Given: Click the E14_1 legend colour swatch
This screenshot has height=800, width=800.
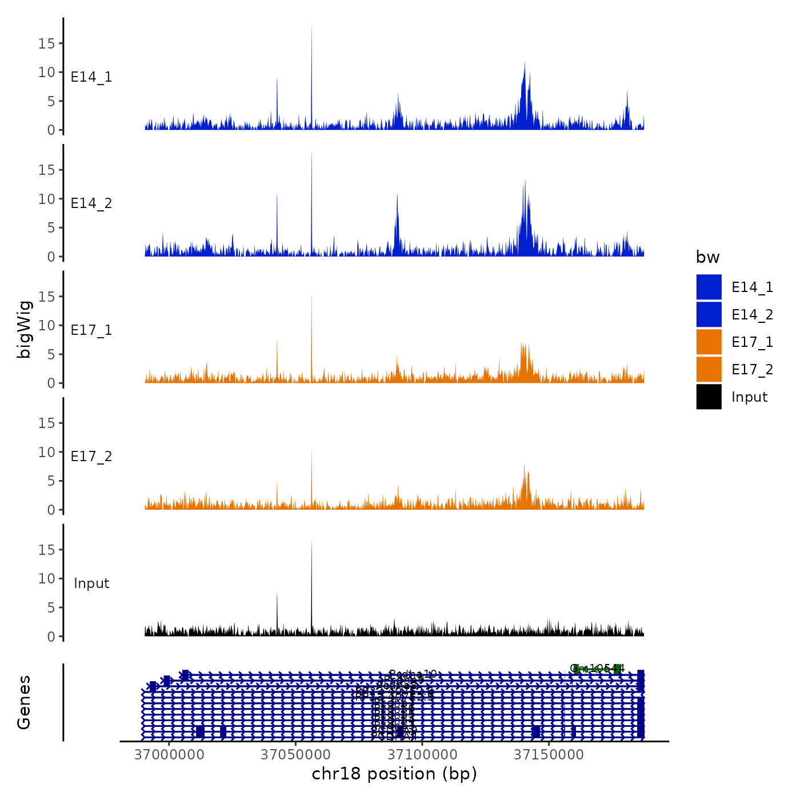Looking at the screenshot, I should tap(709, 287).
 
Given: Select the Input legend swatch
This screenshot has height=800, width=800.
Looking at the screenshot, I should tap(709, 397).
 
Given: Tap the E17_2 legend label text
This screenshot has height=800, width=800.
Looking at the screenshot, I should tap(752, 370).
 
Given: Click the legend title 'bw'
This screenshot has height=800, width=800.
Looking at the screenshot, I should tap(707, 257).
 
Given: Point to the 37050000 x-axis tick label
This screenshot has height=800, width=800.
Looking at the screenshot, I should tap(295, 755).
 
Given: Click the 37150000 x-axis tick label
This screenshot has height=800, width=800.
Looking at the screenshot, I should tap(549, 755).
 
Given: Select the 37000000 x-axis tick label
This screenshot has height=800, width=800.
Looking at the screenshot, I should tap(169, 755).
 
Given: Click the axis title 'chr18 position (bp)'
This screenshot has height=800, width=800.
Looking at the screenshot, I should tap(394, 774).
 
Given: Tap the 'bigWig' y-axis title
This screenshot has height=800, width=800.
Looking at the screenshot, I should tap(25, 329).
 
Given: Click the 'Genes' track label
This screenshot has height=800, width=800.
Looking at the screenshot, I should tap(24, 702).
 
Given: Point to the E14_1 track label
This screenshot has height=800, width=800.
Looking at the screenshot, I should tap(91, 77).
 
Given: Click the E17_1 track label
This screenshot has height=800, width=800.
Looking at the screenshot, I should tap(91, 330).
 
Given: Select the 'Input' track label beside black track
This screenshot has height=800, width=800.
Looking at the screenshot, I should tap(91, 583).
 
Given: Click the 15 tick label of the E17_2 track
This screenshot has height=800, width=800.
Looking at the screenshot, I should tap(46, 423).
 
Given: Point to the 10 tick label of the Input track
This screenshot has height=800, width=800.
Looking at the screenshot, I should tap(46, 578).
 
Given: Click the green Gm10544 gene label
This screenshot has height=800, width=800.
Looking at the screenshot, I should tap(597, 668).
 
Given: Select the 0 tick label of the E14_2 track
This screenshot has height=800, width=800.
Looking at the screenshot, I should tap(51, 257).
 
